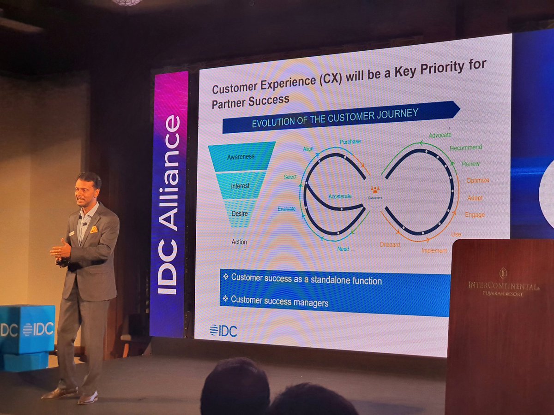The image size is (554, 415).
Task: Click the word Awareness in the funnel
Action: click(241, 157)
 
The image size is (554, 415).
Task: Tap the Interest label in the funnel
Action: click(240, 186)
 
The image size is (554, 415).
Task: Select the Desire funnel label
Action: click(240, 213)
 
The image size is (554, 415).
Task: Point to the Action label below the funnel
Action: click(239, 242)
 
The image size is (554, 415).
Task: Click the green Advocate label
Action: click(440, 135)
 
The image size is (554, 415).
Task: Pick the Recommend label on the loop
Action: click(466, 148)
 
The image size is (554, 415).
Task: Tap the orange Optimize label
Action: click(477, 180)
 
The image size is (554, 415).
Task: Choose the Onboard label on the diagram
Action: click(390, 244)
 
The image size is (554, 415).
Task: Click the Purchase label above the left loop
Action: click(350, 142)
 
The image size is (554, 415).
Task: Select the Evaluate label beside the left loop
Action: click(287, 209)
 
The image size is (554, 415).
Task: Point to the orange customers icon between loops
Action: click(375, 189)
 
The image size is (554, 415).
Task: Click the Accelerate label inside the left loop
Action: click(340, 196)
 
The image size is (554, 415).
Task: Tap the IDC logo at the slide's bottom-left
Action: click(223, 331)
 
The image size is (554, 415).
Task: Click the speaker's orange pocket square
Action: click(94, 229)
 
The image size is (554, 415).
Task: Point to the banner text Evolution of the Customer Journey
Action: click(335, 118)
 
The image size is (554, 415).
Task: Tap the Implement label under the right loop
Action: click(434, 251)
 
